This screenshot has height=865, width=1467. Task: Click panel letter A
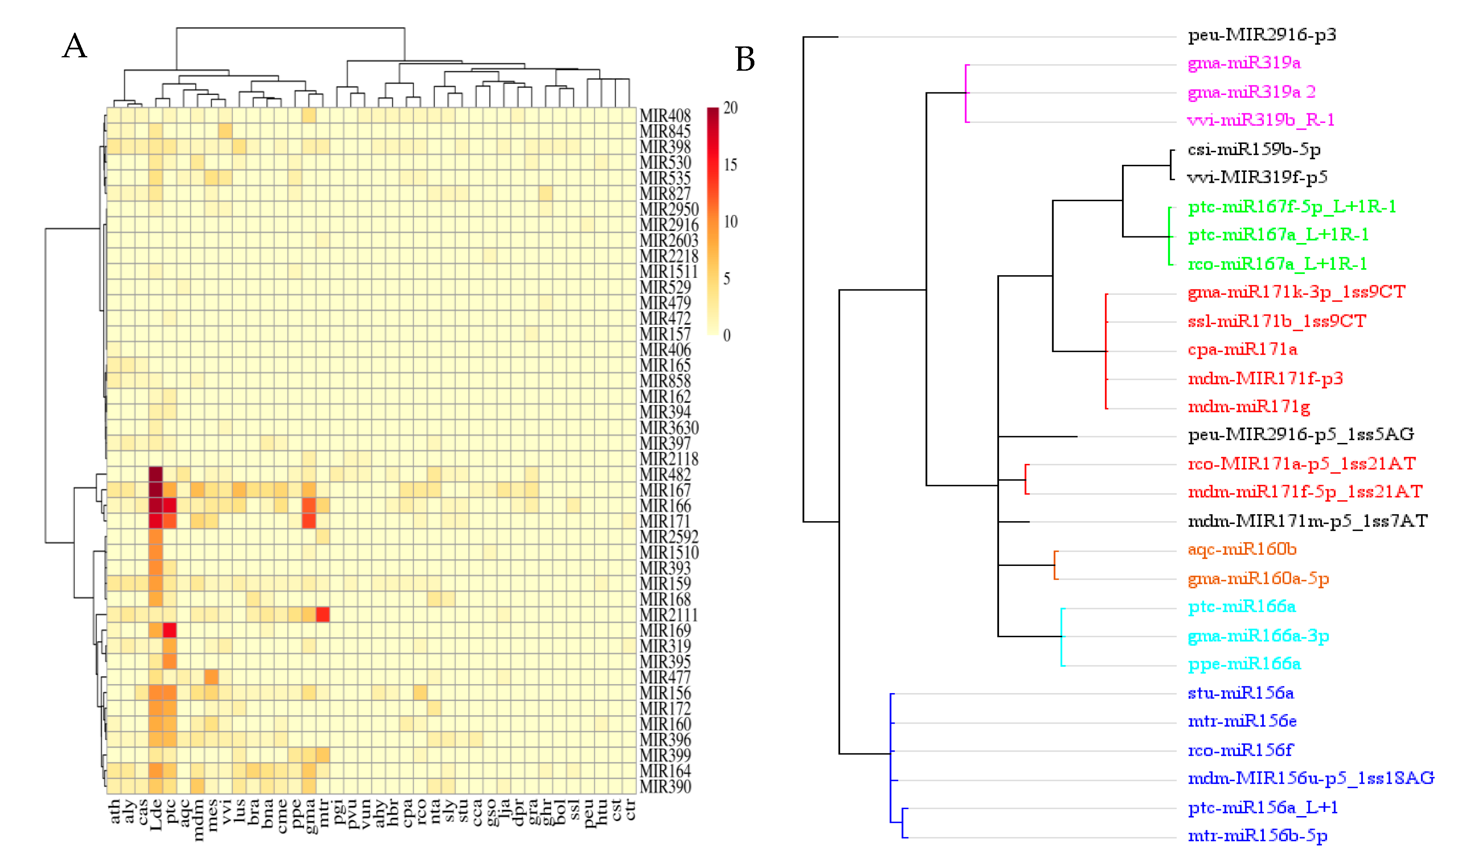click(74, 46)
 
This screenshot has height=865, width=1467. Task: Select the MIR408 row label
click(665, 115)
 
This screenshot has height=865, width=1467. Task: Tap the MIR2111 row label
click(668, 615)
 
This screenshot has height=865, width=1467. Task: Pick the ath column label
click(114, 811)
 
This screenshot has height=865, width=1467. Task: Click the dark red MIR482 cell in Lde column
click(156, 474)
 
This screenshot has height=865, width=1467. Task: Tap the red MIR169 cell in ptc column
click(169, 630)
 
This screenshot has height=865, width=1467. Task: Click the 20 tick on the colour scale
click(730, 108)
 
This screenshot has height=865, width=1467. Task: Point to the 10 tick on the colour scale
click(730, 222)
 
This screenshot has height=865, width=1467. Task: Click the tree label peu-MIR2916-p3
click(1261, 35)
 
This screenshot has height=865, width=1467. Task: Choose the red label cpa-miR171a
click(1242, 350)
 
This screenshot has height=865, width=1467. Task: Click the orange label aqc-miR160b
click(1242, 550)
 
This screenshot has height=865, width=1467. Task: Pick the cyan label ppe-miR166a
click(1244, 664)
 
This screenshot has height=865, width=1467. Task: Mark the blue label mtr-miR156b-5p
click(1257, 836)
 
